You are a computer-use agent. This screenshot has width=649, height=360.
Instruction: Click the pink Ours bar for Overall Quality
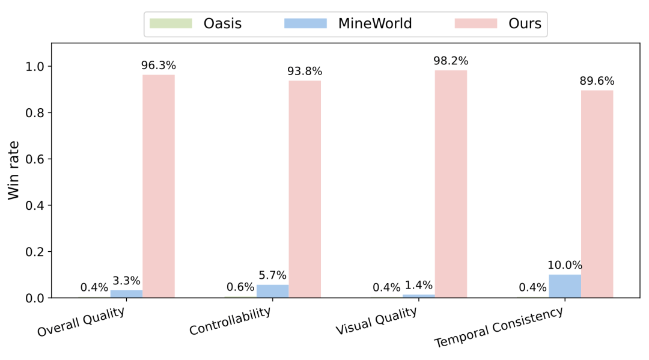tap(159, 186)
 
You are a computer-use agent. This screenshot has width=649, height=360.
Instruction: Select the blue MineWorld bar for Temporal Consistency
tap(565, 286)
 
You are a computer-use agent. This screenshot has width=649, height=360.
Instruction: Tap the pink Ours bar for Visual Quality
tap(451, 184)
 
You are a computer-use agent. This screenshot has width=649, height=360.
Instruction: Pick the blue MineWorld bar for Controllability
tap(272, 291)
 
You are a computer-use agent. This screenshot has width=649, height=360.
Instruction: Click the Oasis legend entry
tap(195, 24)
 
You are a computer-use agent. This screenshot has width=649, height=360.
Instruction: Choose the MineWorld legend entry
tap(349, 24)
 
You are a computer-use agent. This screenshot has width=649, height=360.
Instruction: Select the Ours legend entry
tap(498, 24)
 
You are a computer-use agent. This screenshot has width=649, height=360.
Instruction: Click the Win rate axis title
tap(13, 170)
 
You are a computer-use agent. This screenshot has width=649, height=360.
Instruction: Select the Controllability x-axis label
tap(230, 322)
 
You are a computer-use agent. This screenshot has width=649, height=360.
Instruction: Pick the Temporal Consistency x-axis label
tap(499, 327)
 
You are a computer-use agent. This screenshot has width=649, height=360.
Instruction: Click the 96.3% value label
tap(159, 66)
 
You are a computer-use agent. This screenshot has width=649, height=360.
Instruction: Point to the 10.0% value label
tap(565, 265)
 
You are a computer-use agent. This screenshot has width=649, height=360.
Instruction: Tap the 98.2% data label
tap(451, 61)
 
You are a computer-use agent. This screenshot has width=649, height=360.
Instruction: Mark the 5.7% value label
tap(272, 275)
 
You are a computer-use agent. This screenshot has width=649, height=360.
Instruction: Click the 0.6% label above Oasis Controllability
tap(240, 287)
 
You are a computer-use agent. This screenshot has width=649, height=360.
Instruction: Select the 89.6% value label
tap(597, 81)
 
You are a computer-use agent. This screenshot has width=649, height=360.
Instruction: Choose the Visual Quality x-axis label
tap(376, 322)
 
